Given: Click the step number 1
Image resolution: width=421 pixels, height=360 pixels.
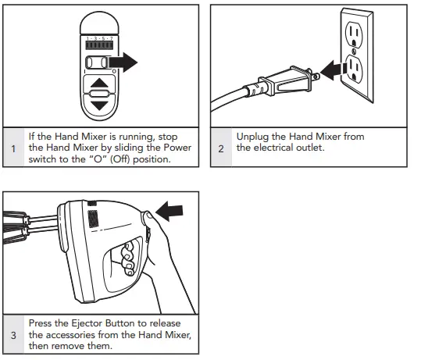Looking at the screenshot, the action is click(x=13, y=148).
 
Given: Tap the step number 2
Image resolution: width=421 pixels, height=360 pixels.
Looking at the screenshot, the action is click(x=221, y=148).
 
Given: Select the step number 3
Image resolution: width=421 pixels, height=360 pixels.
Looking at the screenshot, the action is click(x=13, y=335).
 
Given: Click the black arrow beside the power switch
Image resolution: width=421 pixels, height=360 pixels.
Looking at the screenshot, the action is click(x=123, y=62).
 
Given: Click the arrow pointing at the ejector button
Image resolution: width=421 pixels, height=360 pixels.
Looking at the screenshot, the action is click(x=169, y=211).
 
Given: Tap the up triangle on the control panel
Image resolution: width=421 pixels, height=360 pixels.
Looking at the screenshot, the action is click(x=99, y=83).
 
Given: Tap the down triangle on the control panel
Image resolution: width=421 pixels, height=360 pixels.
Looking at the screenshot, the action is click(x=99, y=105).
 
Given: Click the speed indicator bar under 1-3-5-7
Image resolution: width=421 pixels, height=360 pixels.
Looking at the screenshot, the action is click(x=99, y=45).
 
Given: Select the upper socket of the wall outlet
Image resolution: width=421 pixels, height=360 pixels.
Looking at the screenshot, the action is click(x=354, y=35).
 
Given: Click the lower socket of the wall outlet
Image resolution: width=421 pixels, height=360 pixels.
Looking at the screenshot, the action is click(x=354, y=69).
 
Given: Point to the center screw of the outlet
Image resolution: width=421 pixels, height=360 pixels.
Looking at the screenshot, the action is click(x=354, y=52).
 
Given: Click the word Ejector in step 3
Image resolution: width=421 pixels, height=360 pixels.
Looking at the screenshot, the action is click(x=86, y=323).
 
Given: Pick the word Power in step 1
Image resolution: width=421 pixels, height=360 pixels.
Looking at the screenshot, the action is click(x=177, y=148).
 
